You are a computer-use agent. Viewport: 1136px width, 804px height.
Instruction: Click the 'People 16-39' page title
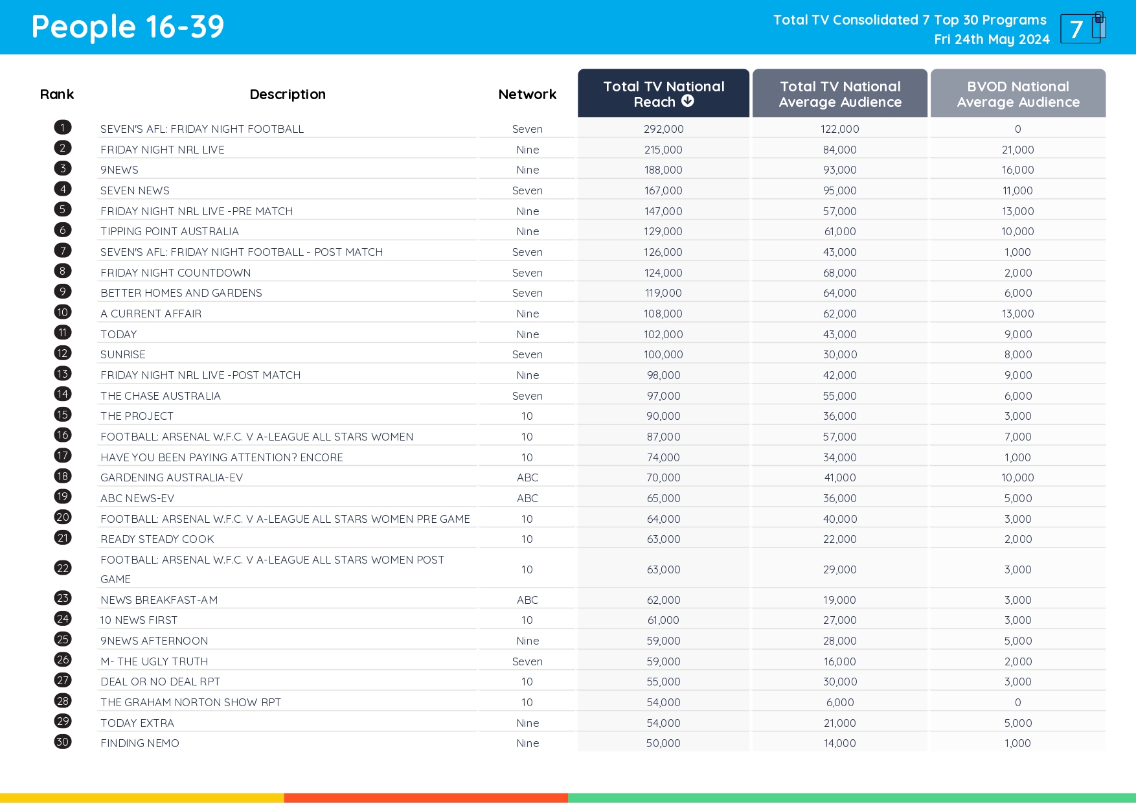128,27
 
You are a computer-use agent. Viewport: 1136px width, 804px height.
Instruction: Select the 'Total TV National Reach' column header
663,94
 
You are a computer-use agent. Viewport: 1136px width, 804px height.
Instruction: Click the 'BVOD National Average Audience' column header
1017,94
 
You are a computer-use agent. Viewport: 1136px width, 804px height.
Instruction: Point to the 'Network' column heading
527,95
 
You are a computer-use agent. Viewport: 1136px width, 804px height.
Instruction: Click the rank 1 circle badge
63,128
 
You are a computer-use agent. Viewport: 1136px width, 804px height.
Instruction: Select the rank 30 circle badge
63,742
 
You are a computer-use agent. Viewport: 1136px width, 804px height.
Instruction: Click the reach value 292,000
663,129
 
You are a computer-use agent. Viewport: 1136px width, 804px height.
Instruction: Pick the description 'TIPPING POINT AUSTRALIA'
170,231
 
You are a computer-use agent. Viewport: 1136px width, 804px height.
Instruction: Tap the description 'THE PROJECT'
137,416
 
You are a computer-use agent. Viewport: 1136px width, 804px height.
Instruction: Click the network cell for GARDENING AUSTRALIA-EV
527,477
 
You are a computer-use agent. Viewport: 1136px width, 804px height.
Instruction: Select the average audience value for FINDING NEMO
839,743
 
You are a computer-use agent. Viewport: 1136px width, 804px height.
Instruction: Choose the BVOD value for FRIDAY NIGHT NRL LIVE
1017,150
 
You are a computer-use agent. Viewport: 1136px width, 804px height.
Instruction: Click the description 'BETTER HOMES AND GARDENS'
181,293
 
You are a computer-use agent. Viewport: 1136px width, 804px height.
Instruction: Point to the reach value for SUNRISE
663,354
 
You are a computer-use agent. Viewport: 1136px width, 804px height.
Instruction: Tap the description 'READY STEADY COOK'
157,539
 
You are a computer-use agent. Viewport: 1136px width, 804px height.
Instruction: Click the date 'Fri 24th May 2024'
991,40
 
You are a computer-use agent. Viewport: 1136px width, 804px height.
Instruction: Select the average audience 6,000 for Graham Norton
839,702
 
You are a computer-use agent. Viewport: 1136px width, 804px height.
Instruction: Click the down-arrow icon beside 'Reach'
688,101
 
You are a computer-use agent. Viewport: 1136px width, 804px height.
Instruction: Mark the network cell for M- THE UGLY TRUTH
527,661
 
